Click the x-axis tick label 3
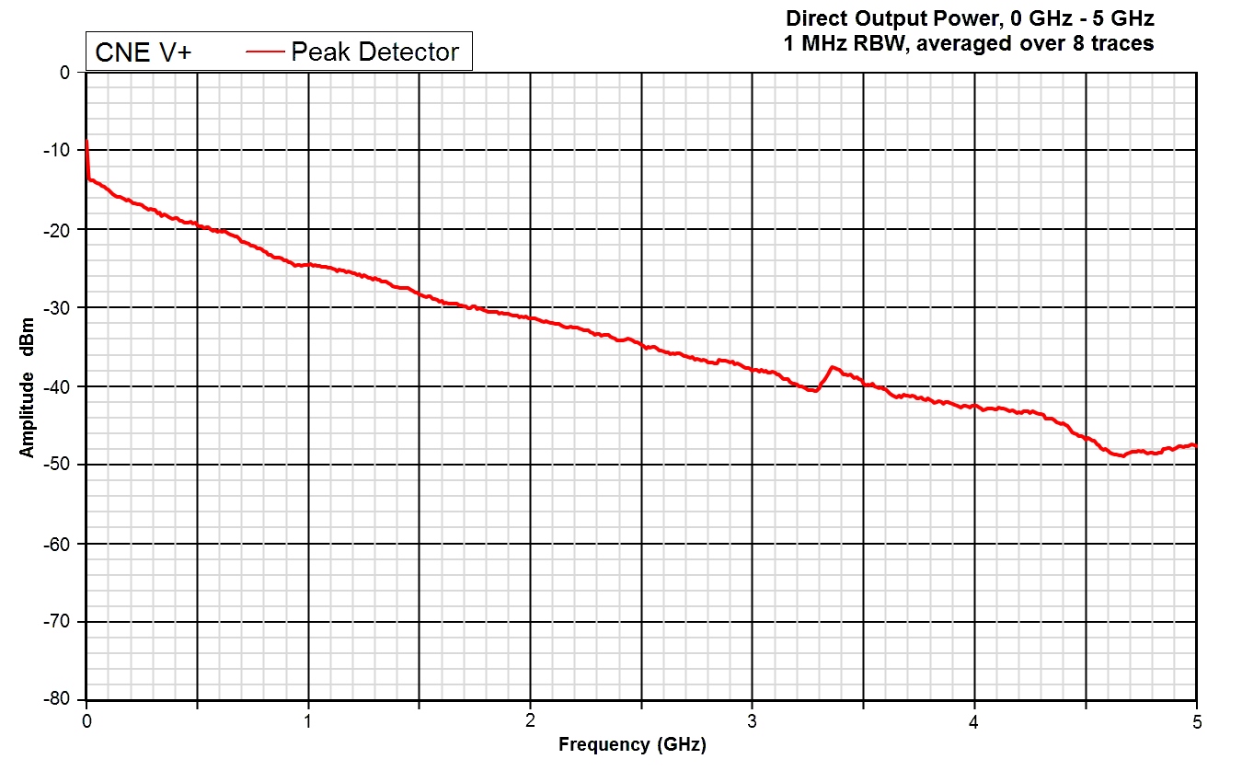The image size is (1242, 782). tap(752, 720)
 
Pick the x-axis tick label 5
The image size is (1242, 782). tap(1196, 720)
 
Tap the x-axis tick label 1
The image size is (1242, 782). tap(307, 720)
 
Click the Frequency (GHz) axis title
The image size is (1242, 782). tap(632, 745)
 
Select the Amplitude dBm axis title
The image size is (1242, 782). tap(28, 386)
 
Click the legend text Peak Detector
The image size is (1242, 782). tap(374, 52)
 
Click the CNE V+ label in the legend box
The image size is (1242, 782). tap(144, 52)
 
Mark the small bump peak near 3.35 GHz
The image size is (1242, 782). tap(832, 367)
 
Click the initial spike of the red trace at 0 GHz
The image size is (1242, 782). tap(86, 142)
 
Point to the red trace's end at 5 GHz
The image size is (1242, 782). tap(1195, 445)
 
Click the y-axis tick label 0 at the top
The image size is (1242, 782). tap(64, 72)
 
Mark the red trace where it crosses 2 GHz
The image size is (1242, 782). tap(530, 317)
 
